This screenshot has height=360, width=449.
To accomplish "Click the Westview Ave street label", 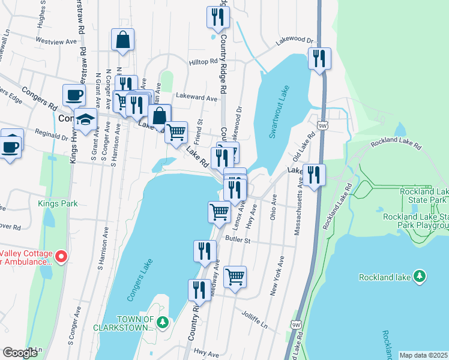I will (x=57, y=41).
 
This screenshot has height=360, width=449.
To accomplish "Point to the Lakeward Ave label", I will (x=196, y=97).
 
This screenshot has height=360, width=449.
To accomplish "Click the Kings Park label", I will (x=58, y=204).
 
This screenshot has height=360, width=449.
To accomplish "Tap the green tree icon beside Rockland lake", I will (x=421, y=277).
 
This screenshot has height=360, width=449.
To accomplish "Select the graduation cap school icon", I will (x=86, y=118).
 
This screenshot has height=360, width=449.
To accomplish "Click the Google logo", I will (x=19, y=353).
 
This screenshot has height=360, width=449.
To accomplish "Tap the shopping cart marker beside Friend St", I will (x=176, y=131).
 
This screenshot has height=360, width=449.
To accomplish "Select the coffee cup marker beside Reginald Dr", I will (x=11, y=146).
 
